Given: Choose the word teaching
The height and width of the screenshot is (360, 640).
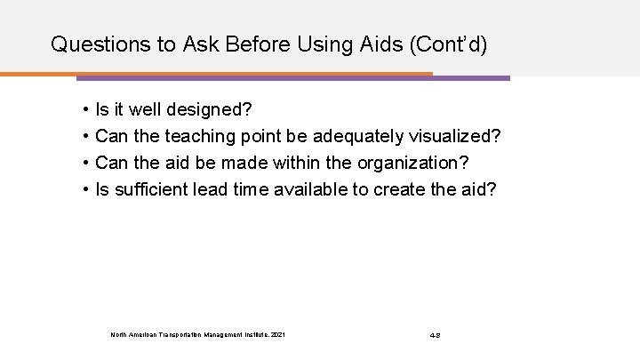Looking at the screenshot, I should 188,138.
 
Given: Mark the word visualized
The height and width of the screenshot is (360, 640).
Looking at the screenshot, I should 459,138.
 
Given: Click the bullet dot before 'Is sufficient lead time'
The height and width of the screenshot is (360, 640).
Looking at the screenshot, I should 84,190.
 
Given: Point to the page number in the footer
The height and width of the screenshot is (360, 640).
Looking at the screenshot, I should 436,335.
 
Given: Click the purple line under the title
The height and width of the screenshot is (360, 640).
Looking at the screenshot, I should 471,78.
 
